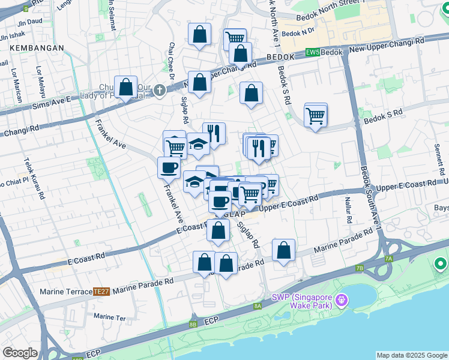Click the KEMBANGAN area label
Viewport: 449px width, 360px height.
click(x=23, y=47)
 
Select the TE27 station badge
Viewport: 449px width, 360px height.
click(x=101, y=292)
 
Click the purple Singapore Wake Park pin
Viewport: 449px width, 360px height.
click(x=342, y=299)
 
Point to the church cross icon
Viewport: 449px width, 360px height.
click(x=158, y=91)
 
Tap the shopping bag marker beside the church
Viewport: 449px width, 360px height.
click(x=126, y=88)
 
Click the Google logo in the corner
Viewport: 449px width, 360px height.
click(x=20, y=353)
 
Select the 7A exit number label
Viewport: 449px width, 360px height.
click(x=388, y=259)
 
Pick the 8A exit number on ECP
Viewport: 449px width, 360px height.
click(x=257, y=306)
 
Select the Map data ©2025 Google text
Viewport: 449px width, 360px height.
click(x=412, y=355)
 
